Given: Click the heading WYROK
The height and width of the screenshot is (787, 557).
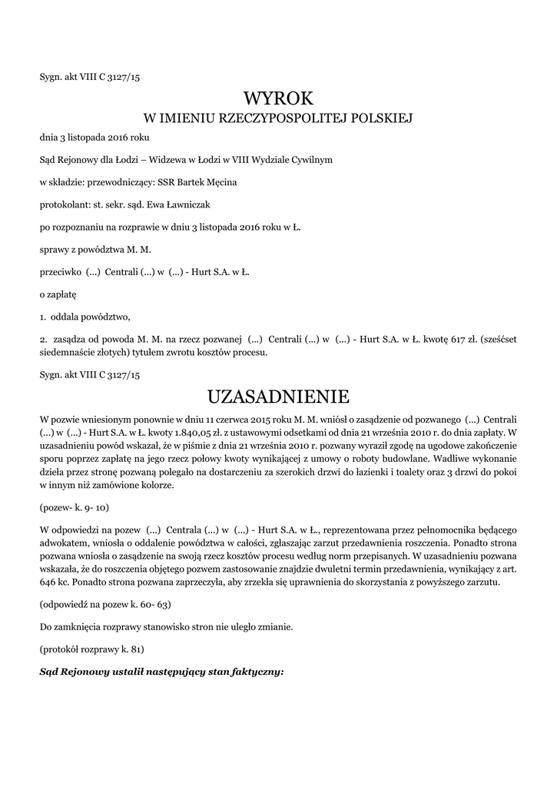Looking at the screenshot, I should pos(278,98).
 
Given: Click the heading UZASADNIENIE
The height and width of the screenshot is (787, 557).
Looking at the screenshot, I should pos(278,397).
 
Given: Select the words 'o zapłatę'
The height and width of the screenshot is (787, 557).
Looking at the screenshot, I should pos(58,294).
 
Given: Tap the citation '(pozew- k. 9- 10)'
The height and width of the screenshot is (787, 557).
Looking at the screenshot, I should pos(75,510).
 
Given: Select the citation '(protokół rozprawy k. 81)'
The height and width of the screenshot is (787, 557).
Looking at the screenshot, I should pos(91,649).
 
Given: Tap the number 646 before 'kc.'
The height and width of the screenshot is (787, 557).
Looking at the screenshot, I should pos(48,582).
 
